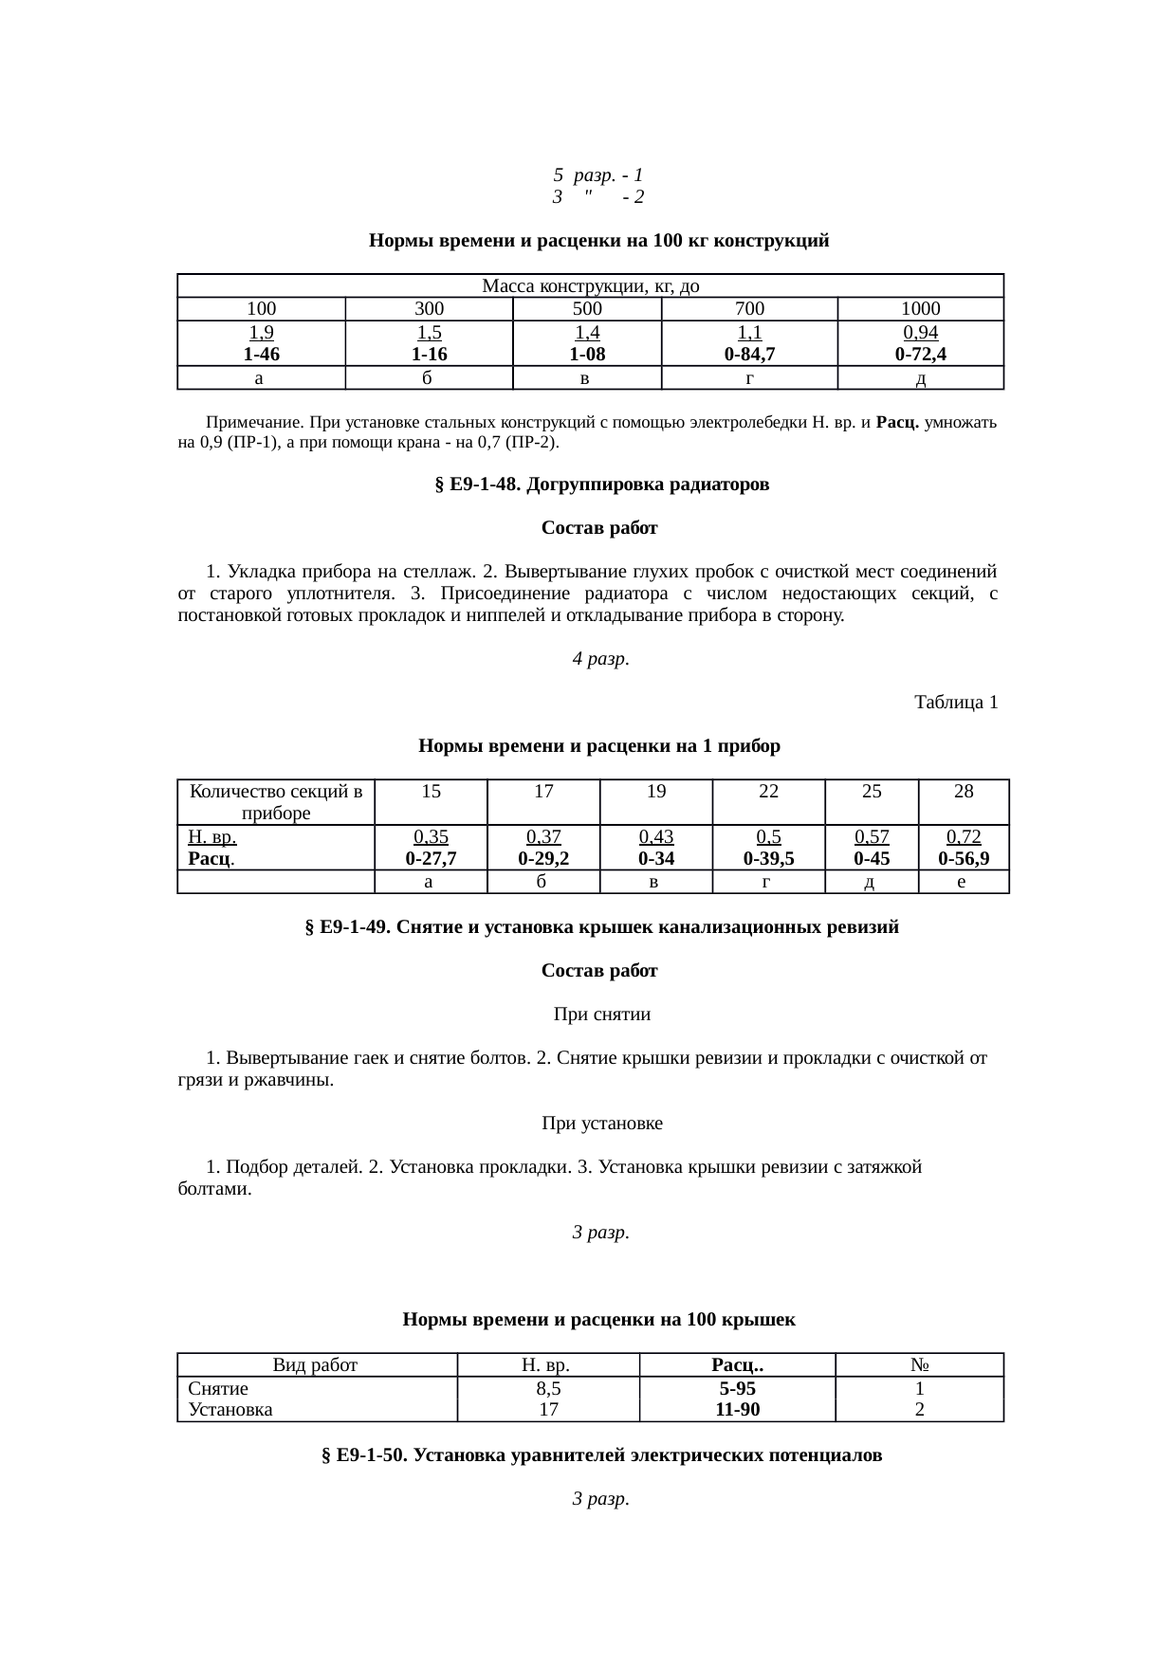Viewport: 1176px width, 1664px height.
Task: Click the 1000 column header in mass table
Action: pyautogui.click(x=920, y=309)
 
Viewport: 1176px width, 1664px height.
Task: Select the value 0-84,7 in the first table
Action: pyautogui.click(x=748, y=356)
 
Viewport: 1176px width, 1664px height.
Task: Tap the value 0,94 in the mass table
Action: pyautogui.click(x=920, y=333)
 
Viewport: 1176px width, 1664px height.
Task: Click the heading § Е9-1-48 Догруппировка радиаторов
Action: pyautogui.click(x=601, y=485)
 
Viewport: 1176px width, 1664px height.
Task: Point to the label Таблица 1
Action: pyautogui.click(x=955, y=703)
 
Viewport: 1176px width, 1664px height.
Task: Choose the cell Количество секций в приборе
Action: pyautogui.click(x=276, y=802)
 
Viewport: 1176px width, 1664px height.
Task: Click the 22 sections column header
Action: pyautogui.click(x=768, y=792)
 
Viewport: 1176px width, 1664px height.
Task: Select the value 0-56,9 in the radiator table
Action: pyautogui.click(x=964, y=859)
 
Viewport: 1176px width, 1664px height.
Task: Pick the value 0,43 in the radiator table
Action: pyautogui.click(x=655, y=837)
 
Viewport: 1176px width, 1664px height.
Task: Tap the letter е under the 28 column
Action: pyautogui.click(x=963, y=883)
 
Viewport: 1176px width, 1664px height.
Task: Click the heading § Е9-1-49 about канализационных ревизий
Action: pyautogui.click(x=601, y=927)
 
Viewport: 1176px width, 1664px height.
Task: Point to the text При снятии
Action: pyautogui.click(x=601, y=1015)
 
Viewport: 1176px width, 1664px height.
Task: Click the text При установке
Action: pyautogui.click(x=601, y=1124)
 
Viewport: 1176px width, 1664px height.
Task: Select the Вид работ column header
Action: pyautogui.click(x=315, y=1365)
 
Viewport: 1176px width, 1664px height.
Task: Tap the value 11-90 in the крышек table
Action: pyautogui.click(x=737, y=1410)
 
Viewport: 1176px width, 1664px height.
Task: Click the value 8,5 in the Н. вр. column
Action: pyautogui.click(x=547, y=1389)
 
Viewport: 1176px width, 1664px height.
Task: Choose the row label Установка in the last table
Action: pyautogui.click(x=230, y=1410)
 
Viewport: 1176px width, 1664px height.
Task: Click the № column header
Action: pyautogui.click(x=918, y=1365)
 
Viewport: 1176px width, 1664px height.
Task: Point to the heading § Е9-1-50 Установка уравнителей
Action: pyautogui.click(x=601, y=1455)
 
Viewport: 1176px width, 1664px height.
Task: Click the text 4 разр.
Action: pyautogui.click(x=601, y=659)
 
